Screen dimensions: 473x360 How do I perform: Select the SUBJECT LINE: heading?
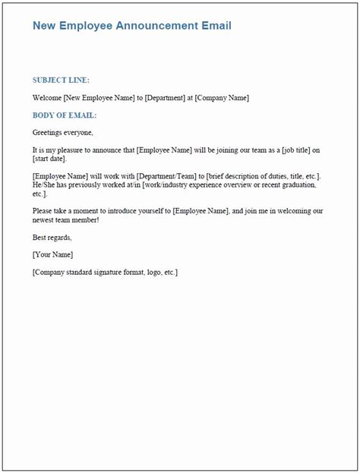pyautogui.click(x=61, y=80)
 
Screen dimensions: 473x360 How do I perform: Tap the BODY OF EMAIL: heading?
pyautogui.click(x=65, y=115)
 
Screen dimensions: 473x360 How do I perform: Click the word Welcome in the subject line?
pyautogui.click(x=47, y=98)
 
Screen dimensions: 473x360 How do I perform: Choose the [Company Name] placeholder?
pyautogui.click(x=222, y=98)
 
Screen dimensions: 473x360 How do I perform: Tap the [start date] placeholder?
pyautogui.click(x=50, y=159)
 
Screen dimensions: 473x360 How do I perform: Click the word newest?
pyautogui.click(x=46, y=219)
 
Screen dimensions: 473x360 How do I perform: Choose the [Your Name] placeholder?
pyautogui.click(x=53, y=254)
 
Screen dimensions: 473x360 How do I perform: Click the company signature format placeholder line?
pyautogui.click(x=106, y=272)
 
